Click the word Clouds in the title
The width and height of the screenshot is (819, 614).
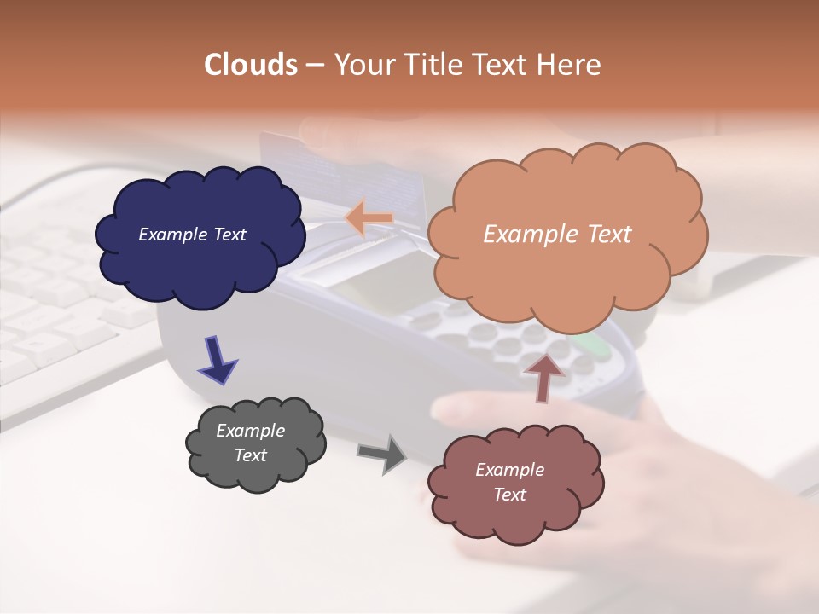[x=251, y=65]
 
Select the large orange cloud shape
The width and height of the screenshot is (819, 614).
[x=567, y=273]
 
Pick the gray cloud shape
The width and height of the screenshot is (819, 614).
[x=256, y=473]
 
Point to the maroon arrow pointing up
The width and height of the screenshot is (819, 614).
[x=543, y=376]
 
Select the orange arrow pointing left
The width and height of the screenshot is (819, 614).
[x=369, y=218]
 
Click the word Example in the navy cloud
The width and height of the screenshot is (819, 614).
[x=172, y=235]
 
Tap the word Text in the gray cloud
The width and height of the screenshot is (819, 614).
[x=251, y=455]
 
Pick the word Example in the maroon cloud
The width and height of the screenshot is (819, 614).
[x=509, y=470]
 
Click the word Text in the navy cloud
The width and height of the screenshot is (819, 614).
[x=229, y=235]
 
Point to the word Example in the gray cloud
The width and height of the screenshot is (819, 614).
[x=251, y=431]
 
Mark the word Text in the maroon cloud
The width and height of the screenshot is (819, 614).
[x=509, y=495]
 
